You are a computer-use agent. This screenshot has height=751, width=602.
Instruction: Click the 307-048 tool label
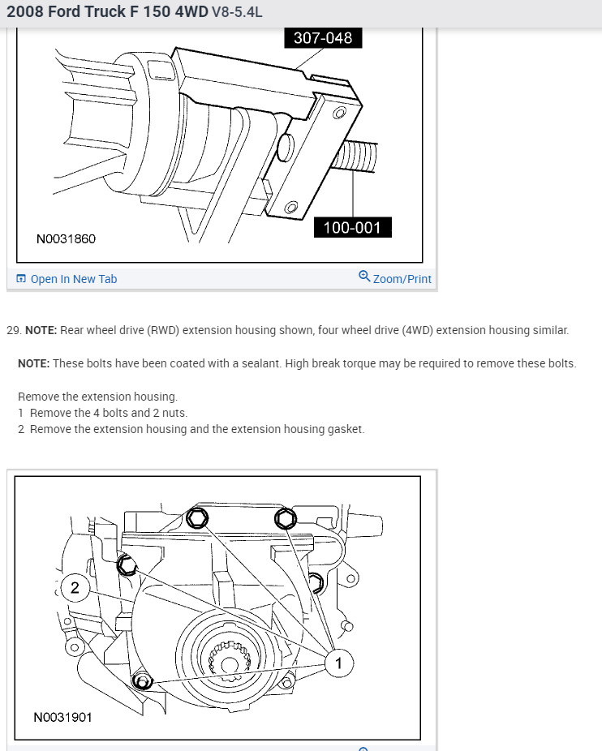point(322,38)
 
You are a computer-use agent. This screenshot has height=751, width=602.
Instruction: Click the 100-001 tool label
point(351,227)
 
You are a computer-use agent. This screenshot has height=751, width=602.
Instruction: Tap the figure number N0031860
point(66,239)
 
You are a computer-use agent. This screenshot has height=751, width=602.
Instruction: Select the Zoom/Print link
point(402,279)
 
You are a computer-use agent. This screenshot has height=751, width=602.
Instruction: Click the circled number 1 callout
point(338,663)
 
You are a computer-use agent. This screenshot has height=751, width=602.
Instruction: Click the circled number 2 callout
point(75,588)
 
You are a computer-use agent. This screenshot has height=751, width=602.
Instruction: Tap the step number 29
point(12,331)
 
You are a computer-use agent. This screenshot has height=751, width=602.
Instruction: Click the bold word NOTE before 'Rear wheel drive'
point(40,331)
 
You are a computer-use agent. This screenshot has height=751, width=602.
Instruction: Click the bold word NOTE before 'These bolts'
point(33,363)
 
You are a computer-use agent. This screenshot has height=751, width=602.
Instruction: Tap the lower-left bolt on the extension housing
point(143,680)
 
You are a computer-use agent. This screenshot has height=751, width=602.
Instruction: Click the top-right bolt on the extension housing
point(285,517)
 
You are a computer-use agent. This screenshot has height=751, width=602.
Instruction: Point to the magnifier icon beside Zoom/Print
point(364,277)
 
